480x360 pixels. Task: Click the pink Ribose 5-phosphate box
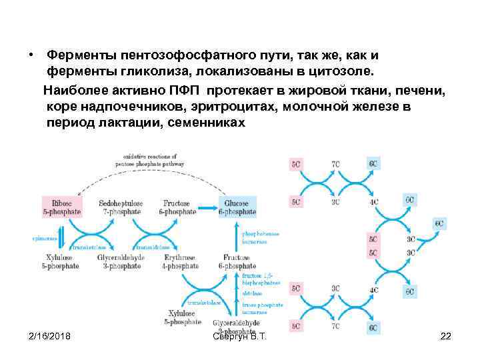click(x=62, y=207)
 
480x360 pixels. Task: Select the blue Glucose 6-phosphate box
click(x=237, y=207)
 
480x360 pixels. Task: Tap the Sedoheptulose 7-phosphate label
click(x=120, y=207)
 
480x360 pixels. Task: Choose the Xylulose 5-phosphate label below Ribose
click(x=62, y=261)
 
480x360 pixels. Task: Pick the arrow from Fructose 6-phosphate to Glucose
click(x=207, y=207)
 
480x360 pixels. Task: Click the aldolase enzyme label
click(x=252, y=293)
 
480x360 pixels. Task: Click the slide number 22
click(x=446, y=336)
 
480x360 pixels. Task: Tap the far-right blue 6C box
click(x=439, y=224)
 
